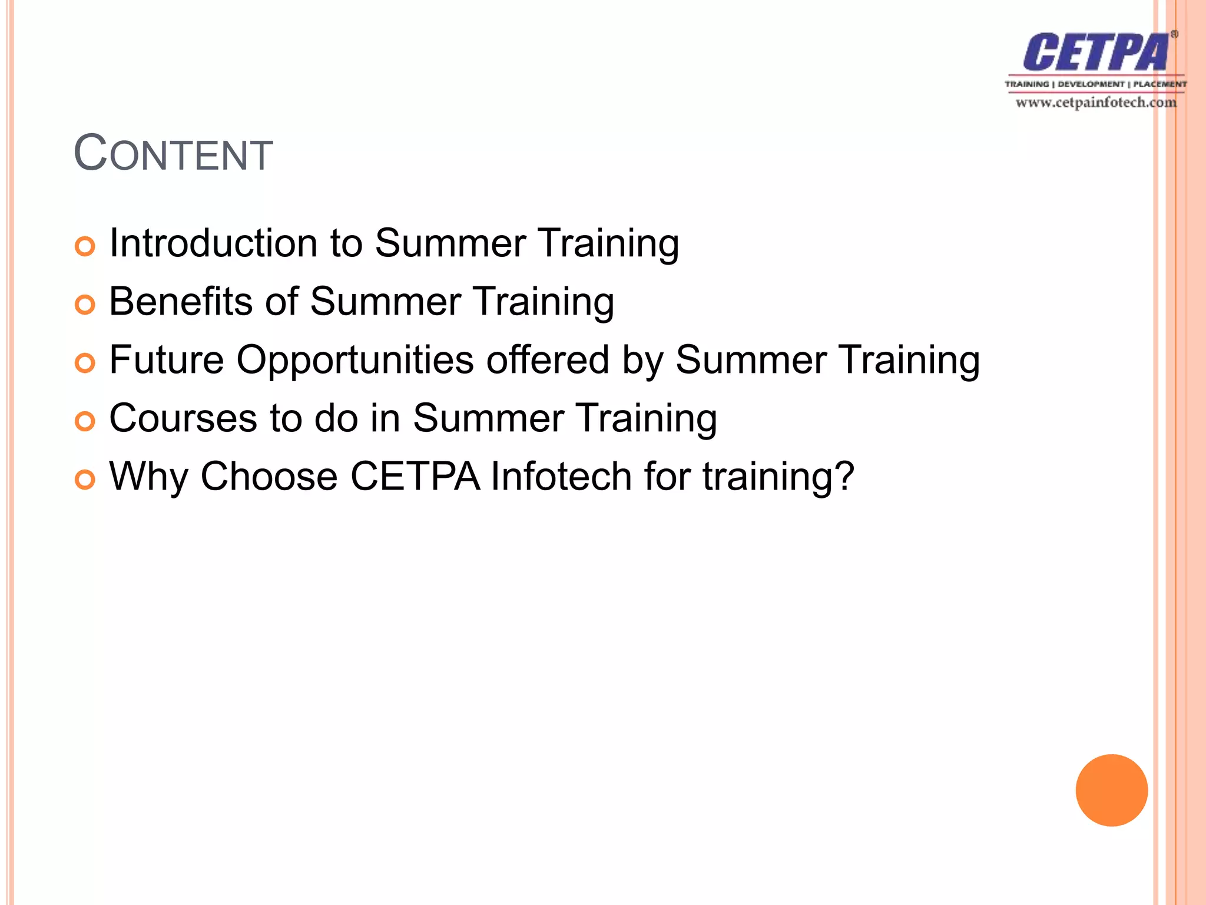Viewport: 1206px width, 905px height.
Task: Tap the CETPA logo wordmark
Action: click(1095, 53)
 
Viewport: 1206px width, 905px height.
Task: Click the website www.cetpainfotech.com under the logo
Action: click(1096, 103)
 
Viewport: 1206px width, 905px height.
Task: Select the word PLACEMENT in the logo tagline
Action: click(1159, 84)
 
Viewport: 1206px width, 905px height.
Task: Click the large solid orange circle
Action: click(1111, 790)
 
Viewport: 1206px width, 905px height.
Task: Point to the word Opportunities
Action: click(355, 360)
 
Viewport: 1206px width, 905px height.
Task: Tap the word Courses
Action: click(184, 418)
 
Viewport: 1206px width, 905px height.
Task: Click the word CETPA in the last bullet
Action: click(416, 476)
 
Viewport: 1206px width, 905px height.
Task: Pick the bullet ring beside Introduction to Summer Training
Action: click(85, 246)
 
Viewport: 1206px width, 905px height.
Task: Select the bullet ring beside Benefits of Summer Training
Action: click(85, 305)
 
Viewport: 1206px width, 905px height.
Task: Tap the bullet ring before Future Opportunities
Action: click(85, 363)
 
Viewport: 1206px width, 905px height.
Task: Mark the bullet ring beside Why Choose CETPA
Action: click(85, 480)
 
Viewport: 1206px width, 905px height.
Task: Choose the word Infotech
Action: click(561, 476)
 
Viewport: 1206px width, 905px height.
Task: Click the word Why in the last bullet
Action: click(149, 477)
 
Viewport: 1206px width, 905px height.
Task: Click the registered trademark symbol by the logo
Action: click(1174, 34)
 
